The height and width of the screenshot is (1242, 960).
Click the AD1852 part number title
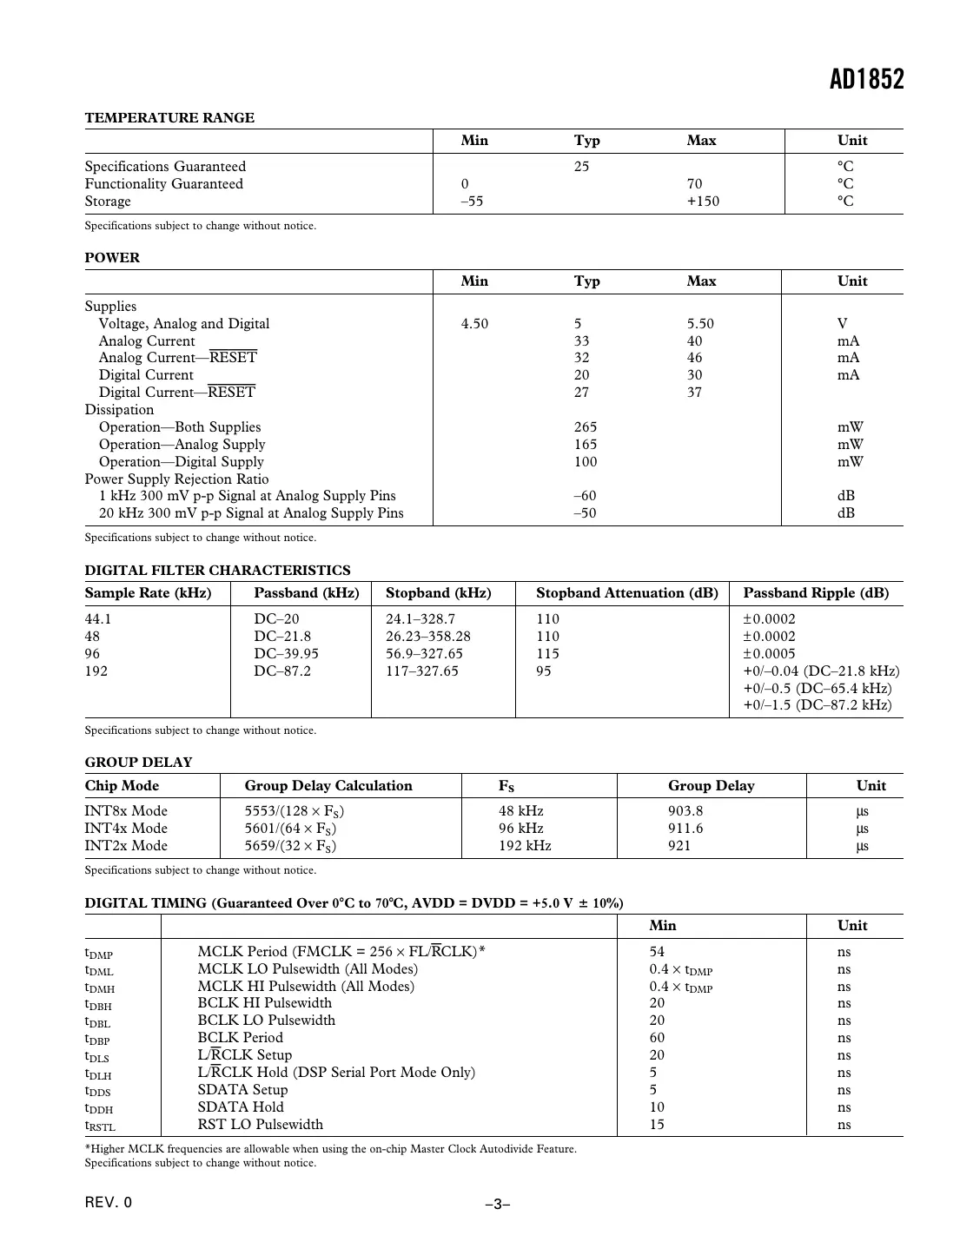tap(866, 79)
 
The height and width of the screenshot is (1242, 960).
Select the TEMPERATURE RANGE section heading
tap(169, 118)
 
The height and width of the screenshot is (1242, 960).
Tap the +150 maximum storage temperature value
tap(703, 201)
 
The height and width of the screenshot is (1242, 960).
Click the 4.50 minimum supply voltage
tap(474, 324)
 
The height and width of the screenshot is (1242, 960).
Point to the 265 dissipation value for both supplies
tap(586, 427)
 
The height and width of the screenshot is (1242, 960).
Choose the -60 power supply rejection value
tap(585, 496)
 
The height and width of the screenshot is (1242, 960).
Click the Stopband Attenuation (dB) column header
tap(626, 593)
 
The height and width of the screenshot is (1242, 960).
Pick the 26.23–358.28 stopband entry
tap(428, 637)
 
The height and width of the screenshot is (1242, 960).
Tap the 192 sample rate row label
tap(96, 671)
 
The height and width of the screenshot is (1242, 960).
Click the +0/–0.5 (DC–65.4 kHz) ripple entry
tap(817, 688)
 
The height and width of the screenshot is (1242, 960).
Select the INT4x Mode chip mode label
tap(126, 829)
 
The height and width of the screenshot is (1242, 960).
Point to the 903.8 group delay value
tap(685, 811)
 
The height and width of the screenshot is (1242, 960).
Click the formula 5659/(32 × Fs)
tap(290, 846)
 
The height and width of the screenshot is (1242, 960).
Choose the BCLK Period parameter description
tap(240, 1038)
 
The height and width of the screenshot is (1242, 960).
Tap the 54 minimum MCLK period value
tap(657, 952)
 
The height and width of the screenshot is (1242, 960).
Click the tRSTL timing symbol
tap(100, 1126)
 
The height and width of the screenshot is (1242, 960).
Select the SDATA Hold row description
tap(240, 1107)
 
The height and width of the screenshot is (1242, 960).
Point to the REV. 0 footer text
tap(109, 1203)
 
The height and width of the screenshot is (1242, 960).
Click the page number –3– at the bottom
tap(497, 1205)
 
